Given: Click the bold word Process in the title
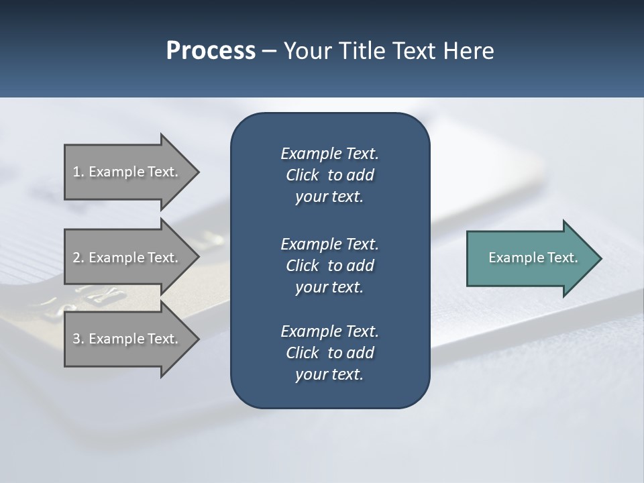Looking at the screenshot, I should pos(211,51).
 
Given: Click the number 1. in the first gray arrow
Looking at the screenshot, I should pos(78,172).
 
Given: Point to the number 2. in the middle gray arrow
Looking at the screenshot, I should pos(78,258).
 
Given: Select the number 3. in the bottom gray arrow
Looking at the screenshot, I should pos(78,339).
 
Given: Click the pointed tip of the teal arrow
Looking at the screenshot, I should pos(598,258).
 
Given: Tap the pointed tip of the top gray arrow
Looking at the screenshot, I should pos(196,172).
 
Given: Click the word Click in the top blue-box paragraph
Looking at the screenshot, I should pos(302,175).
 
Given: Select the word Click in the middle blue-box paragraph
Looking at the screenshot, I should pos(302,266).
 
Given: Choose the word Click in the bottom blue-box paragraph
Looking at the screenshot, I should pos(302,353).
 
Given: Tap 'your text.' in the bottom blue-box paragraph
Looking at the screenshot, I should pos(329,375).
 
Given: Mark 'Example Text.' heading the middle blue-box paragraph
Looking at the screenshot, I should pos(329,244).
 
